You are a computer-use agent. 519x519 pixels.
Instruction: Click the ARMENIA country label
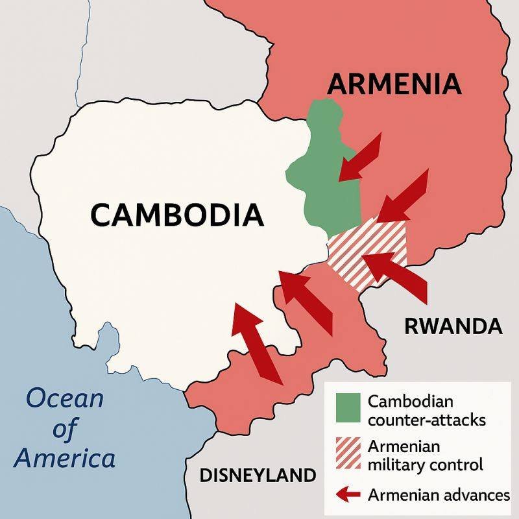394,84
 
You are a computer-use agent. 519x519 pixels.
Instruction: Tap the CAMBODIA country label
177,214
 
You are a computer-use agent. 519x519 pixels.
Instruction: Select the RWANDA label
453,326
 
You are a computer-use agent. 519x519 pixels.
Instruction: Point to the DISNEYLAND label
258,476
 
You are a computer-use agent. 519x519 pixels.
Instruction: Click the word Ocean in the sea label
65,398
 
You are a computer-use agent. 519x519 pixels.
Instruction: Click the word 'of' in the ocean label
66,428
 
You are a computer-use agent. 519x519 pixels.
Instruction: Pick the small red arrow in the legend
348,495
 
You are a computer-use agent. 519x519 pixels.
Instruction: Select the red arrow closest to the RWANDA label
396,276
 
